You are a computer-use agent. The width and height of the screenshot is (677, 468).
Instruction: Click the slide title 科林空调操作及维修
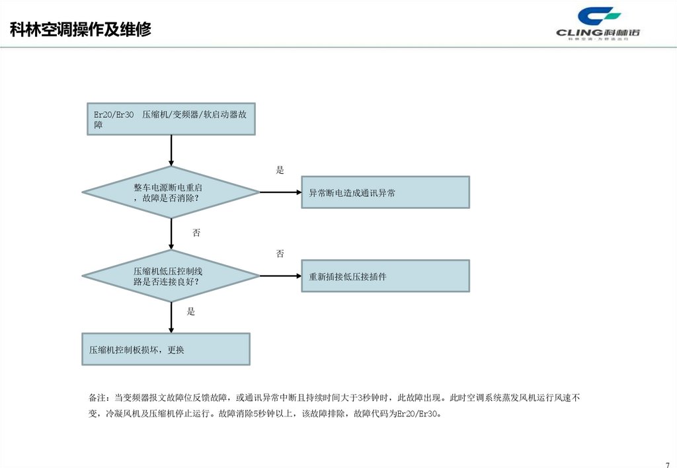[81, 30]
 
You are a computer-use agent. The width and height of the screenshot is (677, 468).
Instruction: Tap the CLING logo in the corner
[599, 25]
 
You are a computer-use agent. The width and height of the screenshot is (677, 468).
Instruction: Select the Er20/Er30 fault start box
[171, 119]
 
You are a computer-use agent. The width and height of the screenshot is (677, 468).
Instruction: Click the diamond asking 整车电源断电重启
[171, 192]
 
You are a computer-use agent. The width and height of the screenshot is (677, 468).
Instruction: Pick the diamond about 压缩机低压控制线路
[171, 276]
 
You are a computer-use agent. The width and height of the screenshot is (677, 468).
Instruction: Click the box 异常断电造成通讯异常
[385, 192]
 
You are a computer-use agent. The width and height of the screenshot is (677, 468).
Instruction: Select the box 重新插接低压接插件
[385, 276]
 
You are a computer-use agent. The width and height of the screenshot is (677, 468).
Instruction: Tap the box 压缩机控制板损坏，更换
[165, 349]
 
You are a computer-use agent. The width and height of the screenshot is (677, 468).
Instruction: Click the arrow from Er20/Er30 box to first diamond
[171, 151]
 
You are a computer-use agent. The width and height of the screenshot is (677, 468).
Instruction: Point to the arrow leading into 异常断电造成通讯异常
[280, 192]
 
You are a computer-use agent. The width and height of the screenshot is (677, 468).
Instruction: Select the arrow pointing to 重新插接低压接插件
[280, 276]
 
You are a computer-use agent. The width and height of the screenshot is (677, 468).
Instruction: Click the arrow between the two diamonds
[171, 234]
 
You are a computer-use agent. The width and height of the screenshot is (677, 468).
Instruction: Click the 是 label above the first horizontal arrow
[280, 171]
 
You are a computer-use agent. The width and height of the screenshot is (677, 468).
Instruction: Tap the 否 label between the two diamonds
[196, 233]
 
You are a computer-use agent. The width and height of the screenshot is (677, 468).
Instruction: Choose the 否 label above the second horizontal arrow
[280, 254]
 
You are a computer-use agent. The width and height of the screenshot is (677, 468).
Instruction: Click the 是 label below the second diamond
[191, 311]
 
